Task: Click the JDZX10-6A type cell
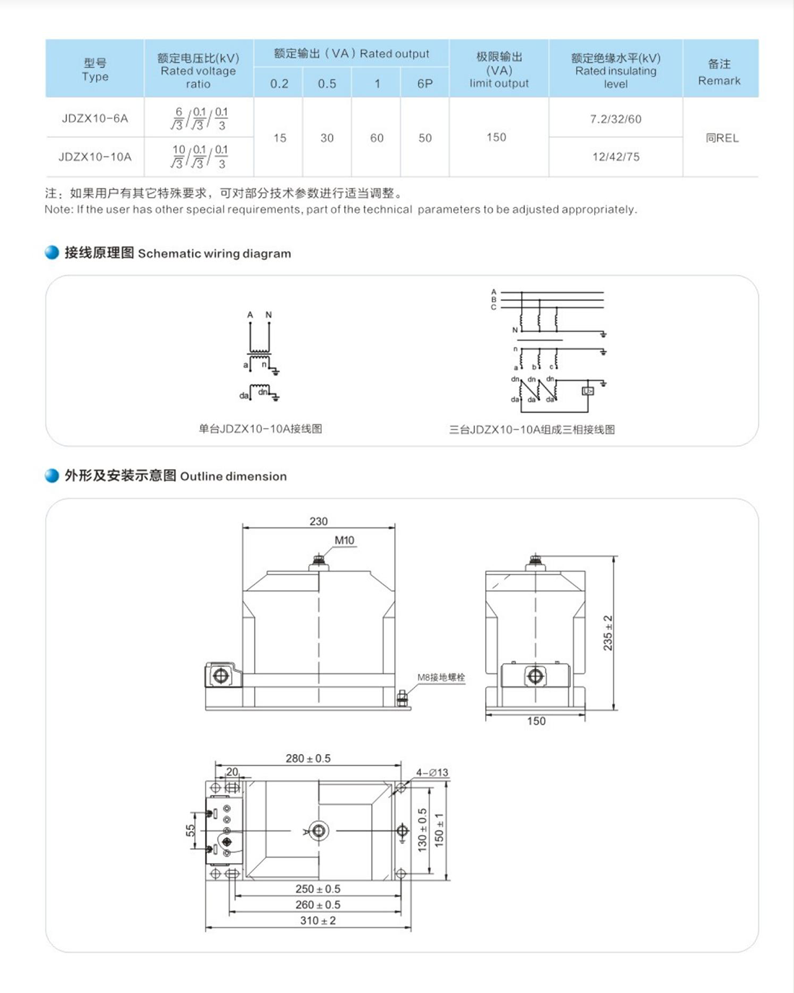[x=95, y=118]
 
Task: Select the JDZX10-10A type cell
[x=95, y=157]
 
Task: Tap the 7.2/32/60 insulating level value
[x=615, y=119]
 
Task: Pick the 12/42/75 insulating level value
[x=615, y=157]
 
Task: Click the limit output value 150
[x=496, y=137]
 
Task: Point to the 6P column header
[x=424, y=84]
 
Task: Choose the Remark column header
[x=719, y=72]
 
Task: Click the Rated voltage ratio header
[x=198, y=71]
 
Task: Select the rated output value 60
[x=376, y=138]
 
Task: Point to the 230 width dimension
[x=318, y=521]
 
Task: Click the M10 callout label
[x=344, y=541]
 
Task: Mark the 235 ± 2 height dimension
[x=608, y=633]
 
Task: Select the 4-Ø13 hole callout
[x=432, y=772]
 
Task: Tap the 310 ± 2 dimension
[x=318, y=921]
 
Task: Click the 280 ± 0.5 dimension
[x=307, y=758]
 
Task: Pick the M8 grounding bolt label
[x=441, y=678]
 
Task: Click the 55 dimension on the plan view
[x=191, y=831]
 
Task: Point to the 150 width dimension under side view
[x=536, y=721]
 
